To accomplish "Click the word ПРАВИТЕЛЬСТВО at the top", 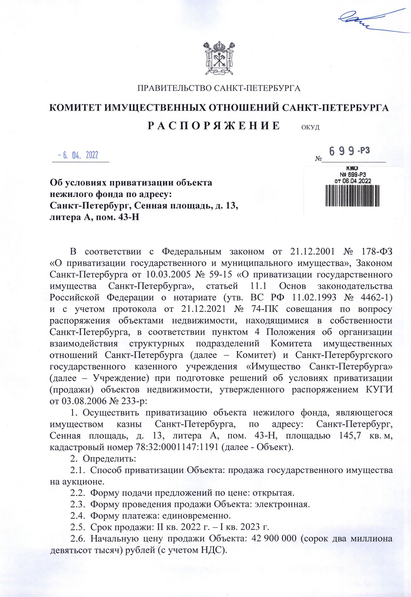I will point(175,88).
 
